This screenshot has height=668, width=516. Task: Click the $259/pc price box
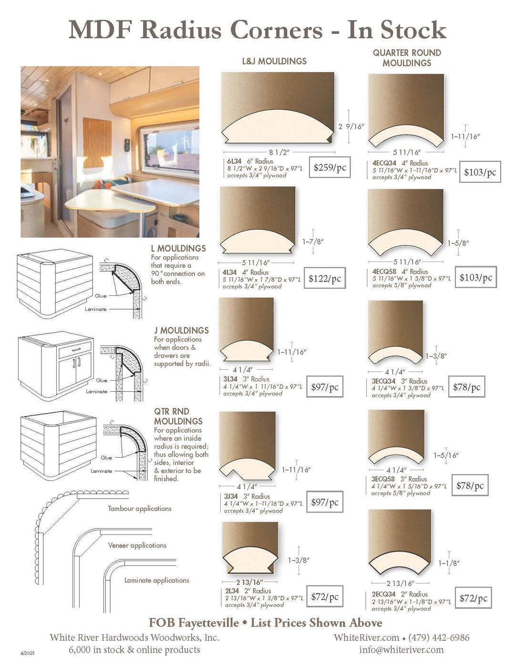coord(330,167)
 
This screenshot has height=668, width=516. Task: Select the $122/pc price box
coord(325,279)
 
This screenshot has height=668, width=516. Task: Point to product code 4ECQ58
coord(384,271)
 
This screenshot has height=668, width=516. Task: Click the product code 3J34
coord(231,496)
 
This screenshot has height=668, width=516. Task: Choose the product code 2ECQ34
coord(383,594)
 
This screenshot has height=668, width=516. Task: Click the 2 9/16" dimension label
coord(351,126)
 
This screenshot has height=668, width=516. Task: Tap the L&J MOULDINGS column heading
coord(274,61)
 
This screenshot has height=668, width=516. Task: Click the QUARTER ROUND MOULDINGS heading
coord(407,58)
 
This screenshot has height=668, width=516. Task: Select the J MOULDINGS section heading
coord(181,330)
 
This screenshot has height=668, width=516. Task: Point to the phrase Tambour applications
coord(140,509)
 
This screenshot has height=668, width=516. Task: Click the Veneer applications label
coord(137,545)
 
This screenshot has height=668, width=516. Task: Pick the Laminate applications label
coord(157,580)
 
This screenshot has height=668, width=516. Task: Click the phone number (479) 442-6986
coord(439,637)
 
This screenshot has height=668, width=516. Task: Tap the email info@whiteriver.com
coord(401,650)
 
